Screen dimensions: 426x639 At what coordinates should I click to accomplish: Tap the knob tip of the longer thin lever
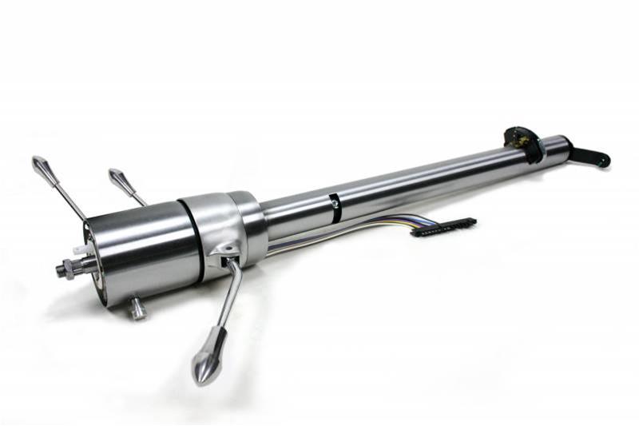41,165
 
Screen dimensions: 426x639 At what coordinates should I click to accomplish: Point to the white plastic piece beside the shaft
79,250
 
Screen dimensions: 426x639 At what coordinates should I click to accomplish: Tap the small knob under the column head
138,308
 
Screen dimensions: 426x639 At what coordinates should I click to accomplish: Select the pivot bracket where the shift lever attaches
225,254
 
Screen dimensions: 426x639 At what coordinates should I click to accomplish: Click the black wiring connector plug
443,227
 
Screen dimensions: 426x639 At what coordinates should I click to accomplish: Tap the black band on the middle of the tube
335,206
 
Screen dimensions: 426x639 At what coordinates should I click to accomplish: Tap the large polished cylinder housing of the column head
140,248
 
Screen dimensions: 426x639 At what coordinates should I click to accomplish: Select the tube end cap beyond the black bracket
557,145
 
